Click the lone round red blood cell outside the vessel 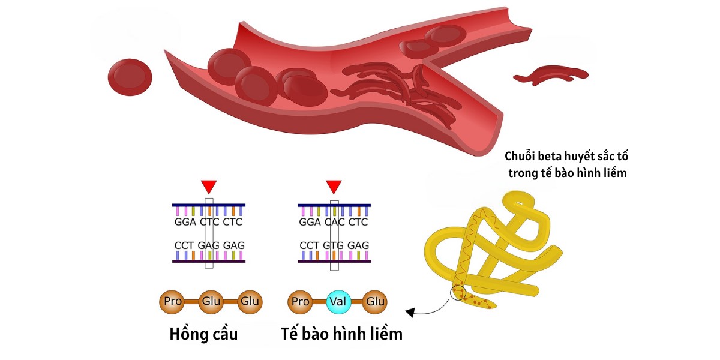coord(130,77)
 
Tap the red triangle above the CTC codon coord(209,186)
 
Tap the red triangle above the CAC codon coord(334,186)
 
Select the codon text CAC coord(334,222)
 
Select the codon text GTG coord(334,246)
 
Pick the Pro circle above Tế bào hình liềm coord(299,301)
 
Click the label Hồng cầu coord(204,334)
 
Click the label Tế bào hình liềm coord(341,334)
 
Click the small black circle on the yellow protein coord(458,292)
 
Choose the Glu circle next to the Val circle coord(376,301)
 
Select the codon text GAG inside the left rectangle coord(209,246)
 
